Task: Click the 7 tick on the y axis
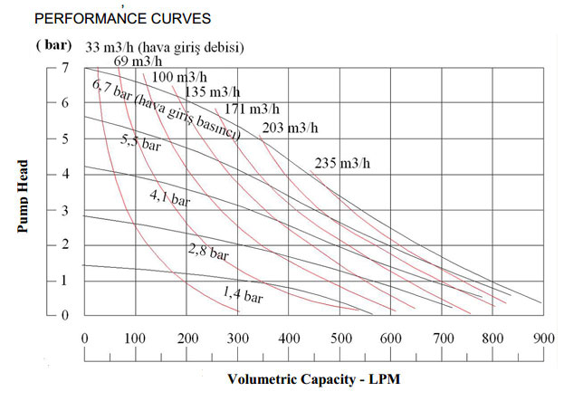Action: tap(64, 68)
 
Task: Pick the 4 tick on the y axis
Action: tap(64, 174)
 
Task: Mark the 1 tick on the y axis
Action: tap(64, 280)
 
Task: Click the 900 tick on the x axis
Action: tap(544, 339)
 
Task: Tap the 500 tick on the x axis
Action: tap(340, 339)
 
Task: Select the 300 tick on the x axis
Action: tap(238, 339)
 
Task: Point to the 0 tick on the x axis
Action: tap(84, 339)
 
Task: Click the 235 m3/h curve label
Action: tap(342, 164)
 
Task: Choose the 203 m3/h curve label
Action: tap(290, 128)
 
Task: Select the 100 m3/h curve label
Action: tap(179, 76)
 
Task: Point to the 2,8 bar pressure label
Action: tap(207, 251)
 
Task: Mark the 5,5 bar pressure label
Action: tap(140, 142)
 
